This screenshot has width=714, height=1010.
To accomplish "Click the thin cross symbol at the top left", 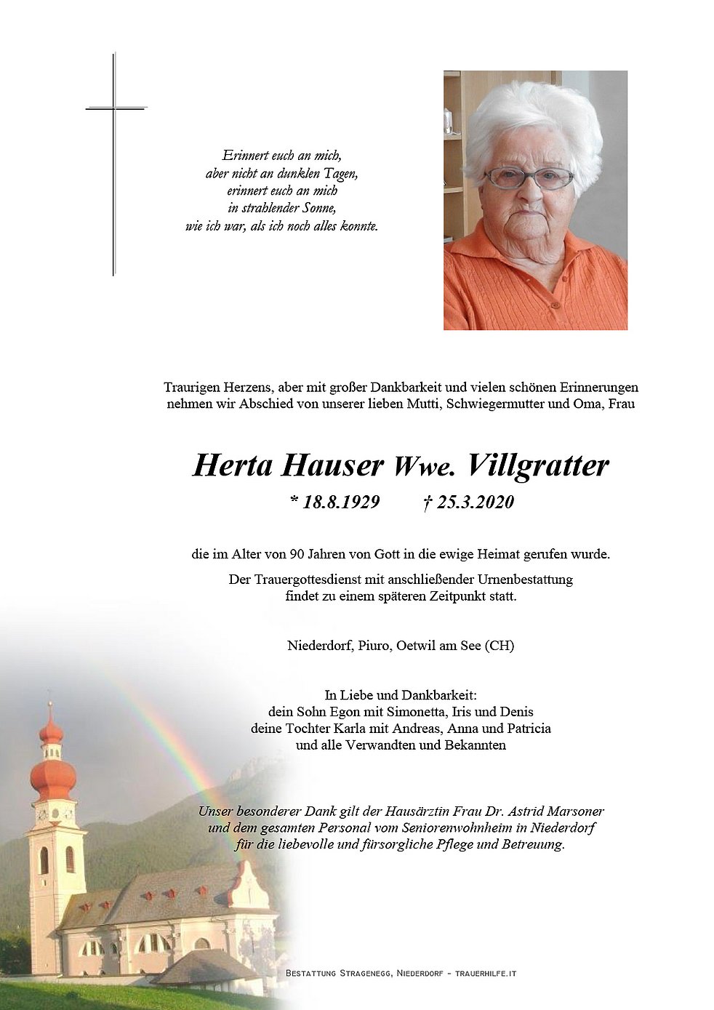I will pyautogui.click(x=114, y=109).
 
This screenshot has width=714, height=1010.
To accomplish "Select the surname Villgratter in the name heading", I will pyautogui.click(x=539, y=465).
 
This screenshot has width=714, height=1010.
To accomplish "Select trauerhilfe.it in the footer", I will pyautogui.click(x=486, y=973).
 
